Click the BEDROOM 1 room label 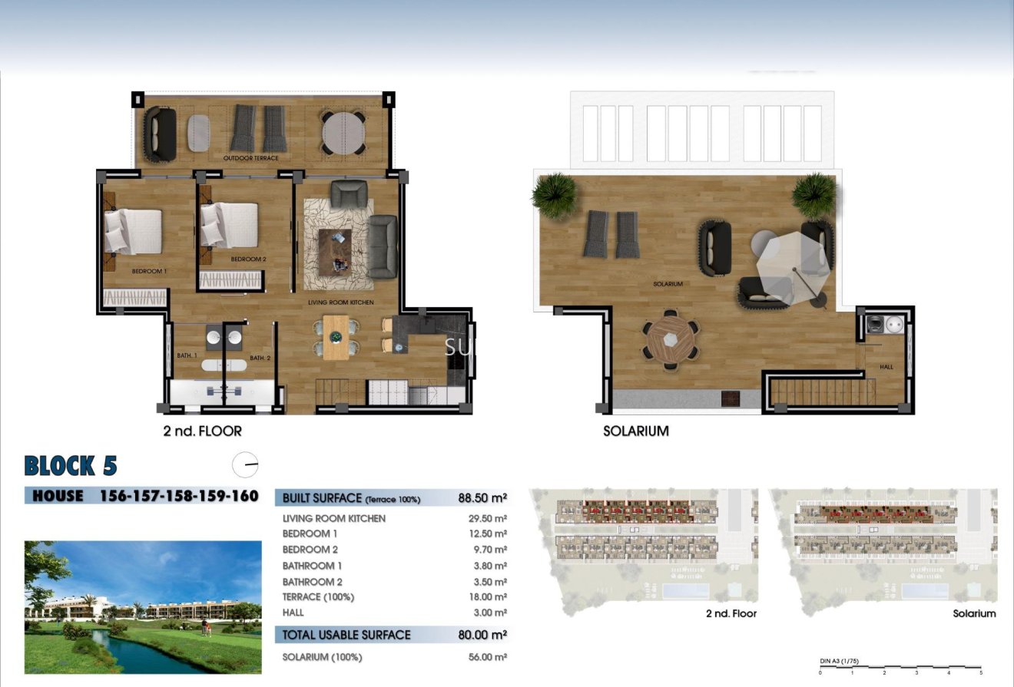pos(149,271)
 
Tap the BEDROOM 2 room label pos(248,259)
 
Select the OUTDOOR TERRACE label pos(250,158)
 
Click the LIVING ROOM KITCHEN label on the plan pos(340,302)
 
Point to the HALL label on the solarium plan pos(886,367)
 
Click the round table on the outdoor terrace pos(343,134)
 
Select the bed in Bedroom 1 pos(134,231)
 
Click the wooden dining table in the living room pos(335,337)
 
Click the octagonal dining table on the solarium pos(671,339)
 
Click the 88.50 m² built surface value pos(482,497)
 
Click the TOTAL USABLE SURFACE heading pos(346,635)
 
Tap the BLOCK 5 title pos(71,466)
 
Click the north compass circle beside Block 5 pos(245,464)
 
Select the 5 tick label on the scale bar pos(980,672)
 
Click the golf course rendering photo pos(143,607)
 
